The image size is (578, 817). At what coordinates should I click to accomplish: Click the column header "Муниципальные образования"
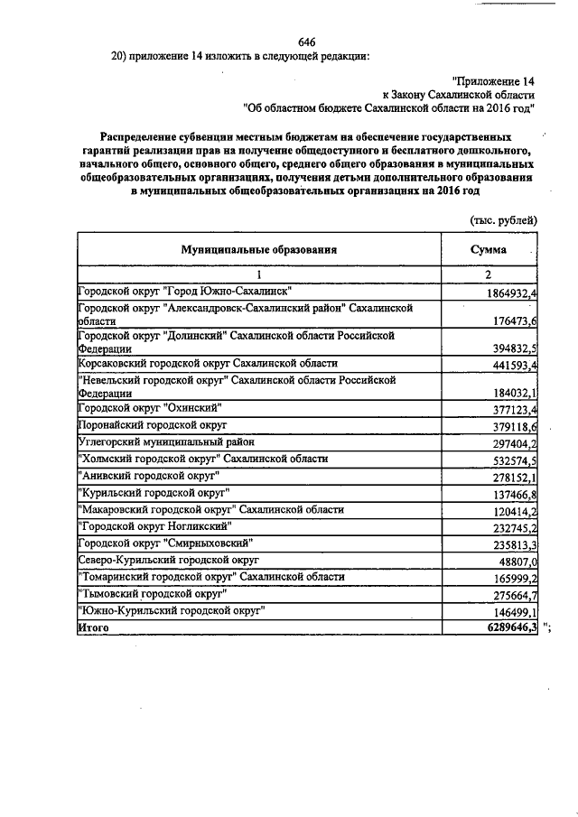point(259,249)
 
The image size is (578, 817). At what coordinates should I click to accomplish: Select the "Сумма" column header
point(489,249)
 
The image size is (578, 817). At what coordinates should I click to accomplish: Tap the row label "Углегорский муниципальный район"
point(166,441)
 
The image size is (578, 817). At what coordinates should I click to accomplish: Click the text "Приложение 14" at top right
point(492,80)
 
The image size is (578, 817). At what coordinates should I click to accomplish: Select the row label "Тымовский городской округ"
point(152,594)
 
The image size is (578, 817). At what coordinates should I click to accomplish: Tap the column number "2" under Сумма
point(488,274)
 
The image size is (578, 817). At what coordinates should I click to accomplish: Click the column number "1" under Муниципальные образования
point(258,274)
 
